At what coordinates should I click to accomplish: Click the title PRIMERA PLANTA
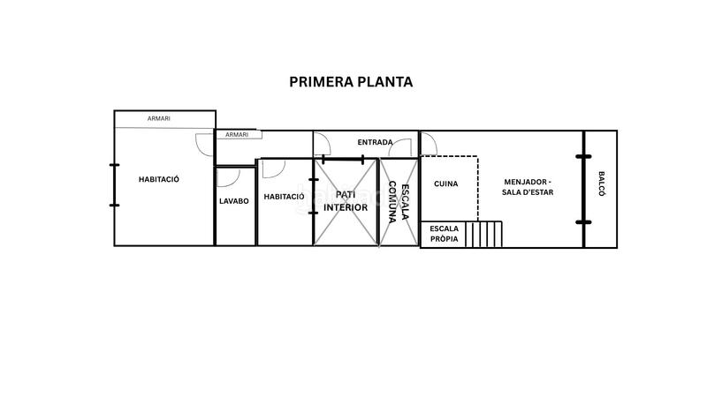click(351, 82)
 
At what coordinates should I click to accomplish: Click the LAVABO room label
click(234, 201)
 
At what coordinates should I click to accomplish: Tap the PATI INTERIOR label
click(345, 201)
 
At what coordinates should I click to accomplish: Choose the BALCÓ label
click(601, 187)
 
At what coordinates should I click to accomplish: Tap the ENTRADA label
click(375, 142)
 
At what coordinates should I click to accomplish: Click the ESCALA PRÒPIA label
click(444, 234)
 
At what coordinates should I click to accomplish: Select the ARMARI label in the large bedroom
click(159, 119)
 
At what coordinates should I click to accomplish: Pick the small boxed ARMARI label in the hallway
click(237, 135)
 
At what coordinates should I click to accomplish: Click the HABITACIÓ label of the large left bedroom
click(159, 179)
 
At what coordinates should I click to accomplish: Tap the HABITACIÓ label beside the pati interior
click(284, 197)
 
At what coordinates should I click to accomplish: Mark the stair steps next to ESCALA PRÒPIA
click(485, 235)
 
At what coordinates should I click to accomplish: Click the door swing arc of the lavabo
click(229, 176)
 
